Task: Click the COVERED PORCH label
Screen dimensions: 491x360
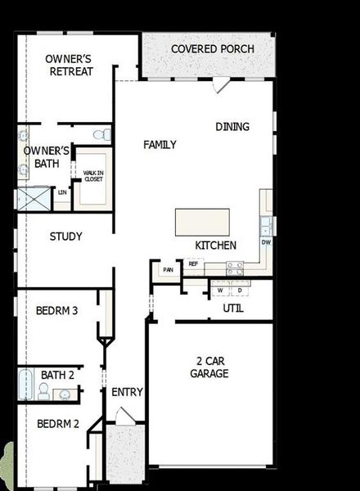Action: click(x=212, y=49)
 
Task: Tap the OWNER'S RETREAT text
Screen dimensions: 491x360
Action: click(x=69, y=65)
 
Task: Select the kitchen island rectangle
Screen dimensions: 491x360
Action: click(x=202, y=222)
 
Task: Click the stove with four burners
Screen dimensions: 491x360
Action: click(x=235, y=267)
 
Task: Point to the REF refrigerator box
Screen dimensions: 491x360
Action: click(x=194, y=264)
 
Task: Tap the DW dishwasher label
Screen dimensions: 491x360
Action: click(x=266, y=243)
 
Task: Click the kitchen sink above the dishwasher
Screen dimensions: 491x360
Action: click(x=265, y=223)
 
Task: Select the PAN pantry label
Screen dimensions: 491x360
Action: click(x=169, y=269)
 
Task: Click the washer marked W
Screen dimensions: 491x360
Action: click(x=219, y=290)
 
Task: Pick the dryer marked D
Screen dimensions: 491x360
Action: click(x=240, y=290)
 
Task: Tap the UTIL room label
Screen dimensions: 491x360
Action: click(x=233, y=309)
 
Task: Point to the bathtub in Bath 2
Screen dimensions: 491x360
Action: click(x=25, y=384)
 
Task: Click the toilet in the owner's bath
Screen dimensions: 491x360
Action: click(x=99, y=134)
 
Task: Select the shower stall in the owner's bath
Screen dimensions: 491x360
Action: click(x=33, y=198)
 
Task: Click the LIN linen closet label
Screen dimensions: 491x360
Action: click(x=61, y=193)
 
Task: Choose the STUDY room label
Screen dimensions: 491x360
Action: click(x=65, y=237)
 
